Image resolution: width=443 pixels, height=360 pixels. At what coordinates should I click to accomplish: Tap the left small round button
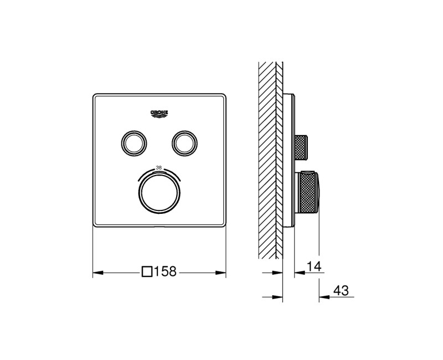point(133,142)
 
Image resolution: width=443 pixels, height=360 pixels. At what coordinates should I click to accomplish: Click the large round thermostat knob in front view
point(159,192)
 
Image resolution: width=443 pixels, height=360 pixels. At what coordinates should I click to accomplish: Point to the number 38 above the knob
point(159,167)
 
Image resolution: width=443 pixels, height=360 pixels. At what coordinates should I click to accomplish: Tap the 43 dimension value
point(341,291)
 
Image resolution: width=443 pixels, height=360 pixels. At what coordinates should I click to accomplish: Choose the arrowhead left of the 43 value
point(324,297)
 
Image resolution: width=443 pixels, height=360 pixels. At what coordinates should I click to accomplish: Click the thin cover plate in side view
point(290,161)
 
